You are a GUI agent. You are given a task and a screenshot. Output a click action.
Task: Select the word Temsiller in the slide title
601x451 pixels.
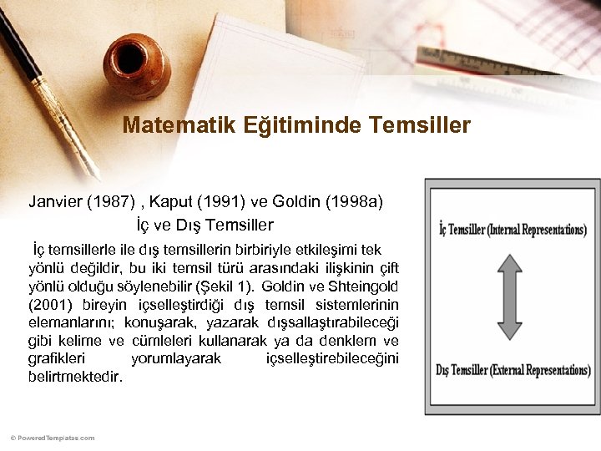(x=427, y=126)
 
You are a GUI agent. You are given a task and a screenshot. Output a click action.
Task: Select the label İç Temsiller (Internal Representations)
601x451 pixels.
(x=513, y=230)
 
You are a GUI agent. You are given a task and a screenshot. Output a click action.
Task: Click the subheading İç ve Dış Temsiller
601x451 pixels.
(x=205, y=225)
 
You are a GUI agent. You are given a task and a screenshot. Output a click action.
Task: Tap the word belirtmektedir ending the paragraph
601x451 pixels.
(x=75, y=377)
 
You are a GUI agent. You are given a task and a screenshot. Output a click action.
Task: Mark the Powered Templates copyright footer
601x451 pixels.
(x=53, y=438)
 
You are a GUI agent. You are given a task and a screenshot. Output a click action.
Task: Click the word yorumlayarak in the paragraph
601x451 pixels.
(x=176, y=358)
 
